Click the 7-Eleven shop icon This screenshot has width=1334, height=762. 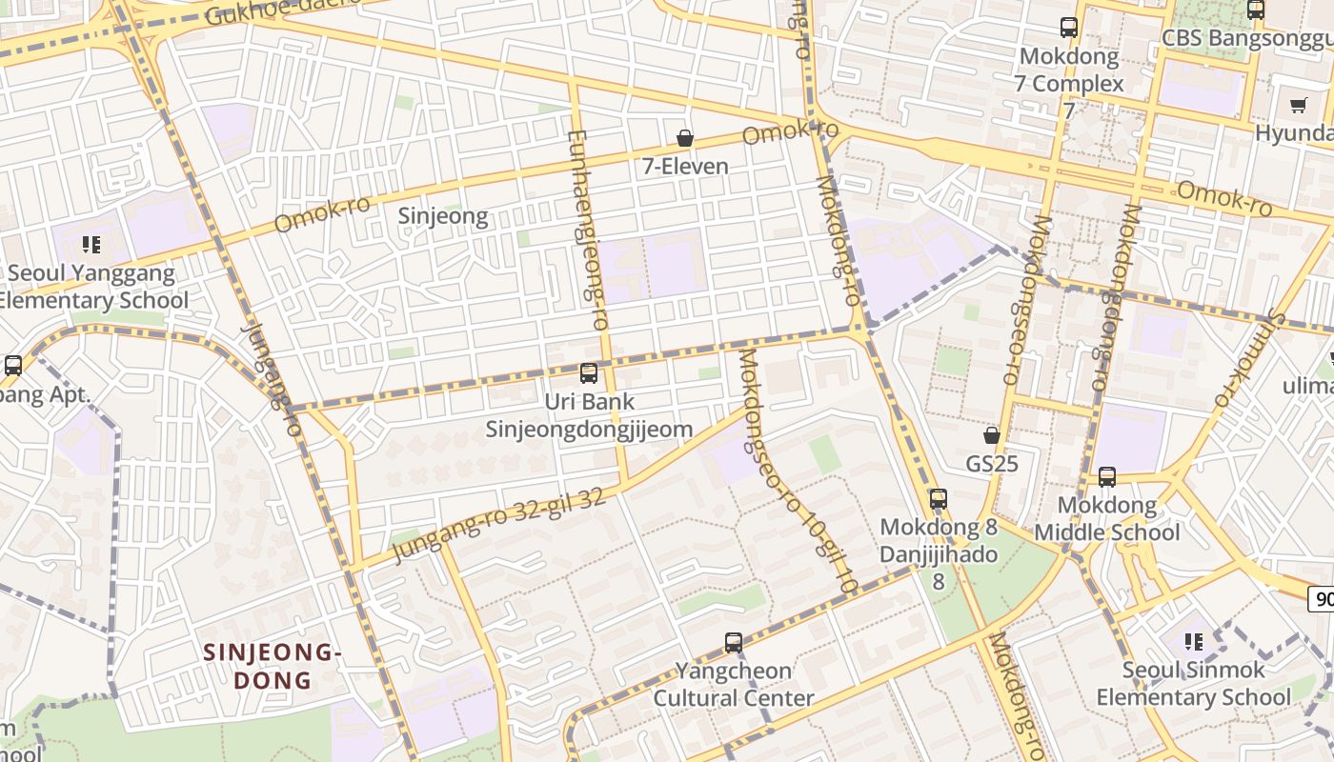684,139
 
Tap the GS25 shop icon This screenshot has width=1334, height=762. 992,435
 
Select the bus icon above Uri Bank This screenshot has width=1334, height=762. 589,373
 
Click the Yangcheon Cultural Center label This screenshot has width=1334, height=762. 734,684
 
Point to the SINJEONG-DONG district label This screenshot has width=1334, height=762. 273,666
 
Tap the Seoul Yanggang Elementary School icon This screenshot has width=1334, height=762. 91,246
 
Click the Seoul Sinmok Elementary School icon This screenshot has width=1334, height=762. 1193,642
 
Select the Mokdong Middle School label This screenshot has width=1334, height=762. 1107,518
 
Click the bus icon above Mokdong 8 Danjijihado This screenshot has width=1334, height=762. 939,498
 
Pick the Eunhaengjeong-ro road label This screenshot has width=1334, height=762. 586,231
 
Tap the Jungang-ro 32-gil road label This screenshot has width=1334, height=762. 499,531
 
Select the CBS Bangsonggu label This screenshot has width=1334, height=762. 1246,38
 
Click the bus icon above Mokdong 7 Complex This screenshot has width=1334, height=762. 1069,28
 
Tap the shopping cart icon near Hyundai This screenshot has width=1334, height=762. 1298,105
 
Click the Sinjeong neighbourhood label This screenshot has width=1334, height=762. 442,216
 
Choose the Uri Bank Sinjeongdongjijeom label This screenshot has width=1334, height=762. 589,415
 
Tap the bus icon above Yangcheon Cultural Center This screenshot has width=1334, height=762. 734,643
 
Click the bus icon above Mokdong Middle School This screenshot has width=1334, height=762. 1107,477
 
